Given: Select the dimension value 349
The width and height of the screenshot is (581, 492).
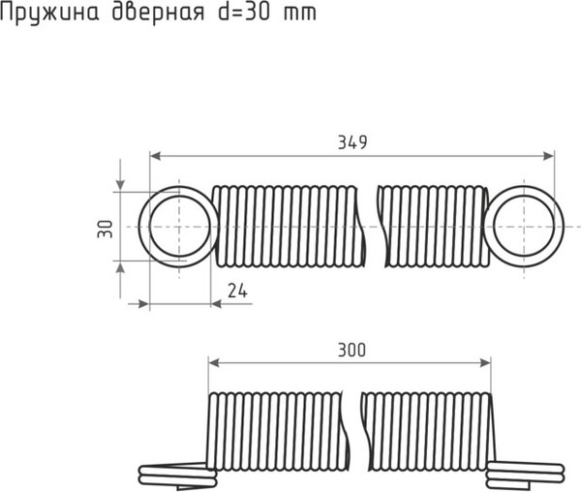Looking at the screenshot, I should point(352,141).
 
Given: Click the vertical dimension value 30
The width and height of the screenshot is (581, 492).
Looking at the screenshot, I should point(105,228).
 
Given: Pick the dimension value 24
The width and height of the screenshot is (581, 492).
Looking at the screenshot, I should point(236,290).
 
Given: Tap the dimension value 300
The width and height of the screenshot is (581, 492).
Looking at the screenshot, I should point(352,350).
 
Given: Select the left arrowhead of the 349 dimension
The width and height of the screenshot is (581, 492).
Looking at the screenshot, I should point(155,155).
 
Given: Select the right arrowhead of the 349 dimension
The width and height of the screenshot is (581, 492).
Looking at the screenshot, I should point(549,155).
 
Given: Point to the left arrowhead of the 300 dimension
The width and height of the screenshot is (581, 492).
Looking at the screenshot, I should point(216,363).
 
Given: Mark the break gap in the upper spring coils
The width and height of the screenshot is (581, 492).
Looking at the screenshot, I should point(371,225).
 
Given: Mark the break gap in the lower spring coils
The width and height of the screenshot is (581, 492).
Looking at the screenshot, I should point(352,431).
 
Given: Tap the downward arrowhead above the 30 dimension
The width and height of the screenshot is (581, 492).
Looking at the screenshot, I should point(120,185).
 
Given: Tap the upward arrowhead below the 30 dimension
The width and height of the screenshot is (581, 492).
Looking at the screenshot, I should point(120,267).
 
